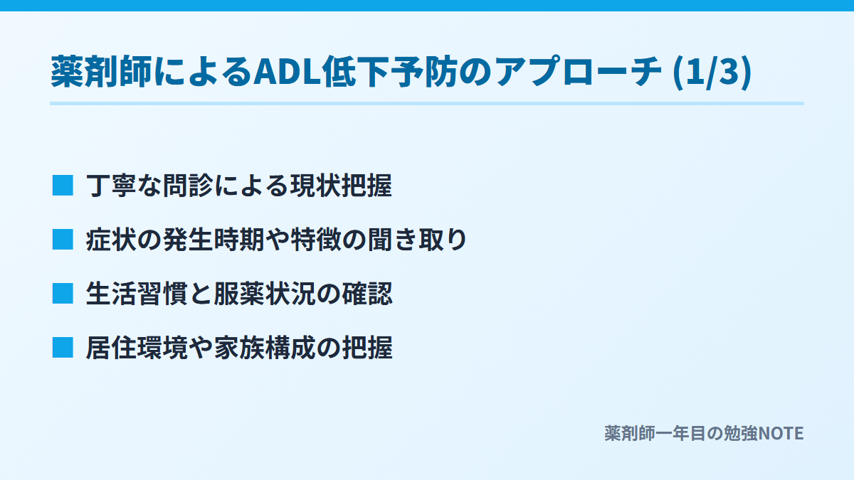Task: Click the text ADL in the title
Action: point(287,72)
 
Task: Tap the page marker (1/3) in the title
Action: point(712,73)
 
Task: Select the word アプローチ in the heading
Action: point(579,72)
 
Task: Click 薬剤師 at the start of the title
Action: point(101,72)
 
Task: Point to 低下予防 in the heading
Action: point(389,72)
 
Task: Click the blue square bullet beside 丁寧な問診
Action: point(63,186)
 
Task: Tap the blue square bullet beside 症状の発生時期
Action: point(63,240)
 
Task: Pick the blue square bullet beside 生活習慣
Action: point(63,294)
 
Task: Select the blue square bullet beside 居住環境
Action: point(63,348)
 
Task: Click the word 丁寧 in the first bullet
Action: point(111,186)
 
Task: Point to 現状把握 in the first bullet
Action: point(341,186)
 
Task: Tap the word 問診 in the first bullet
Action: point(188,186)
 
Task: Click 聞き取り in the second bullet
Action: point(418,240)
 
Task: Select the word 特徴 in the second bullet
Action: point(316,240)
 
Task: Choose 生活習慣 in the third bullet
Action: point(137,294)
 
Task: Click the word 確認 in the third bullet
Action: point(367,294)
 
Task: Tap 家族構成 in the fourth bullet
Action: point(265,348)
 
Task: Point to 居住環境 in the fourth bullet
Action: point(137,348)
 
